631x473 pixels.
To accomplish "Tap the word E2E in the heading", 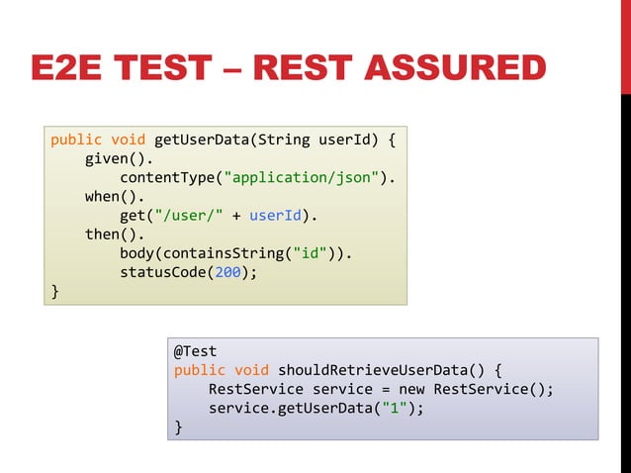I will (x=68, y=69).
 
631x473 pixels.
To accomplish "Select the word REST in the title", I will (x=303, y=69).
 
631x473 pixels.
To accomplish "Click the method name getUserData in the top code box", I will (x=202, y=139).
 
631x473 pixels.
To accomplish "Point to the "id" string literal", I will (x=310, y=253).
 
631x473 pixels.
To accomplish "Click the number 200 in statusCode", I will (x=228, y=272).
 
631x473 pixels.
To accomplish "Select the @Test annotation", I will (x=196, y=351).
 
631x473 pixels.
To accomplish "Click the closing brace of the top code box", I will (x=55, y=292).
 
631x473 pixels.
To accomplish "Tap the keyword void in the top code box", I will (x=129, y=139).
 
